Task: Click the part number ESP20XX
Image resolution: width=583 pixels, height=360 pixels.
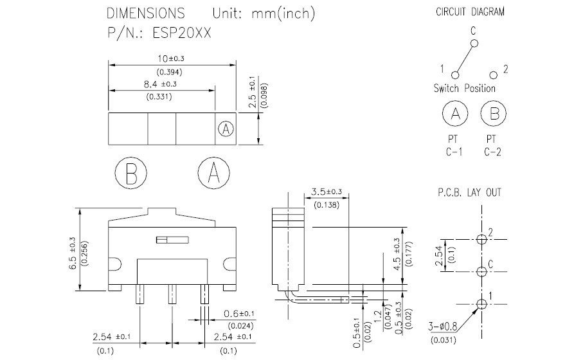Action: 182,33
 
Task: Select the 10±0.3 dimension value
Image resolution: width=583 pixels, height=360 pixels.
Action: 171,59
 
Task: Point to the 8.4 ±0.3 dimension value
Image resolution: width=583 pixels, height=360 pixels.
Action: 160,84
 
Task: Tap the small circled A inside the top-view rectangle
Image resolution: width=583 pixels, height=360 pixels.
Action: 226,129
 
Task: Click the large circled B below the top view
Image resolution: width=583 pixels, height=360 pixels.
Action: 131,173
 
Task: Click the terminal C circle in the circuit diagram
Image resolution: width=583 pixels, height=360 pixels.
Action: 474,44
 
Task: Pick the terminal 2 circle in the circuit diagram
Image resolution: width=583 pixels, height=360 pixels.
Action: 494,75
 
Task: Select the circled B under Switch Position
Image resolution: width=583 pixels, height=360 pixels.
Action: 494,113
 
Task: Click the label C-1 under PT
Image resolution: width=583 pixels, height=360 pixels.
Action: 454,152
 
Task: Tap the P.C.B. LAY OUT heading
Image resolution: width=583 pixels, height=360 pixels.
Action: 469,192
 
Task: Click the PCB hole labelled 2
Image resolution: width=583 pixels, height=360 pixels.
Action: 481,239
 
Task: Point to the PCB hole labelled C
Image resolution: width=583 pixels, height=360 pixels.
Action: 481,271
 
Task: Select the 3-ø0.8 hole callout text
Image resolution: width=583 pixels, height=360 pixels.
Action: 442,327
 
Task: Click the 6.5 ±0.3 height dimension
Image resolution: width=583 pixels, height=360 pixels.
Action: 73,253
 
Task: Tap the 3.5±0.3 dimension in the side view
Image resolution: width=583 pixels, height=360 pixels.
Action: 327,192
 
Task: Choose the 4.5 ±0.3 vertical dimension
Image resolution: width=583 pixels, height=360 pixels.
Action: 397,255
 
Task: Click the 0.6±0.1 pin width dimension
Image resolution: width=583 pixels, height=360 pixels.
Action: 239,314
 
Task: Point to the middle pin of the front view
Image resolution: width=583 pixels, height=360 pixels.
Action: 172,294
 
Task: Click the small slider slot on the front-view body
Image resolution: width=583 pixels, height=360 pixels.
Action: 172,240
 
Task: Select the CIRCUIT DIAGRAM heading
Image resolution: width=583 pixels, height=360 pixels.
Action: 470,12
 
